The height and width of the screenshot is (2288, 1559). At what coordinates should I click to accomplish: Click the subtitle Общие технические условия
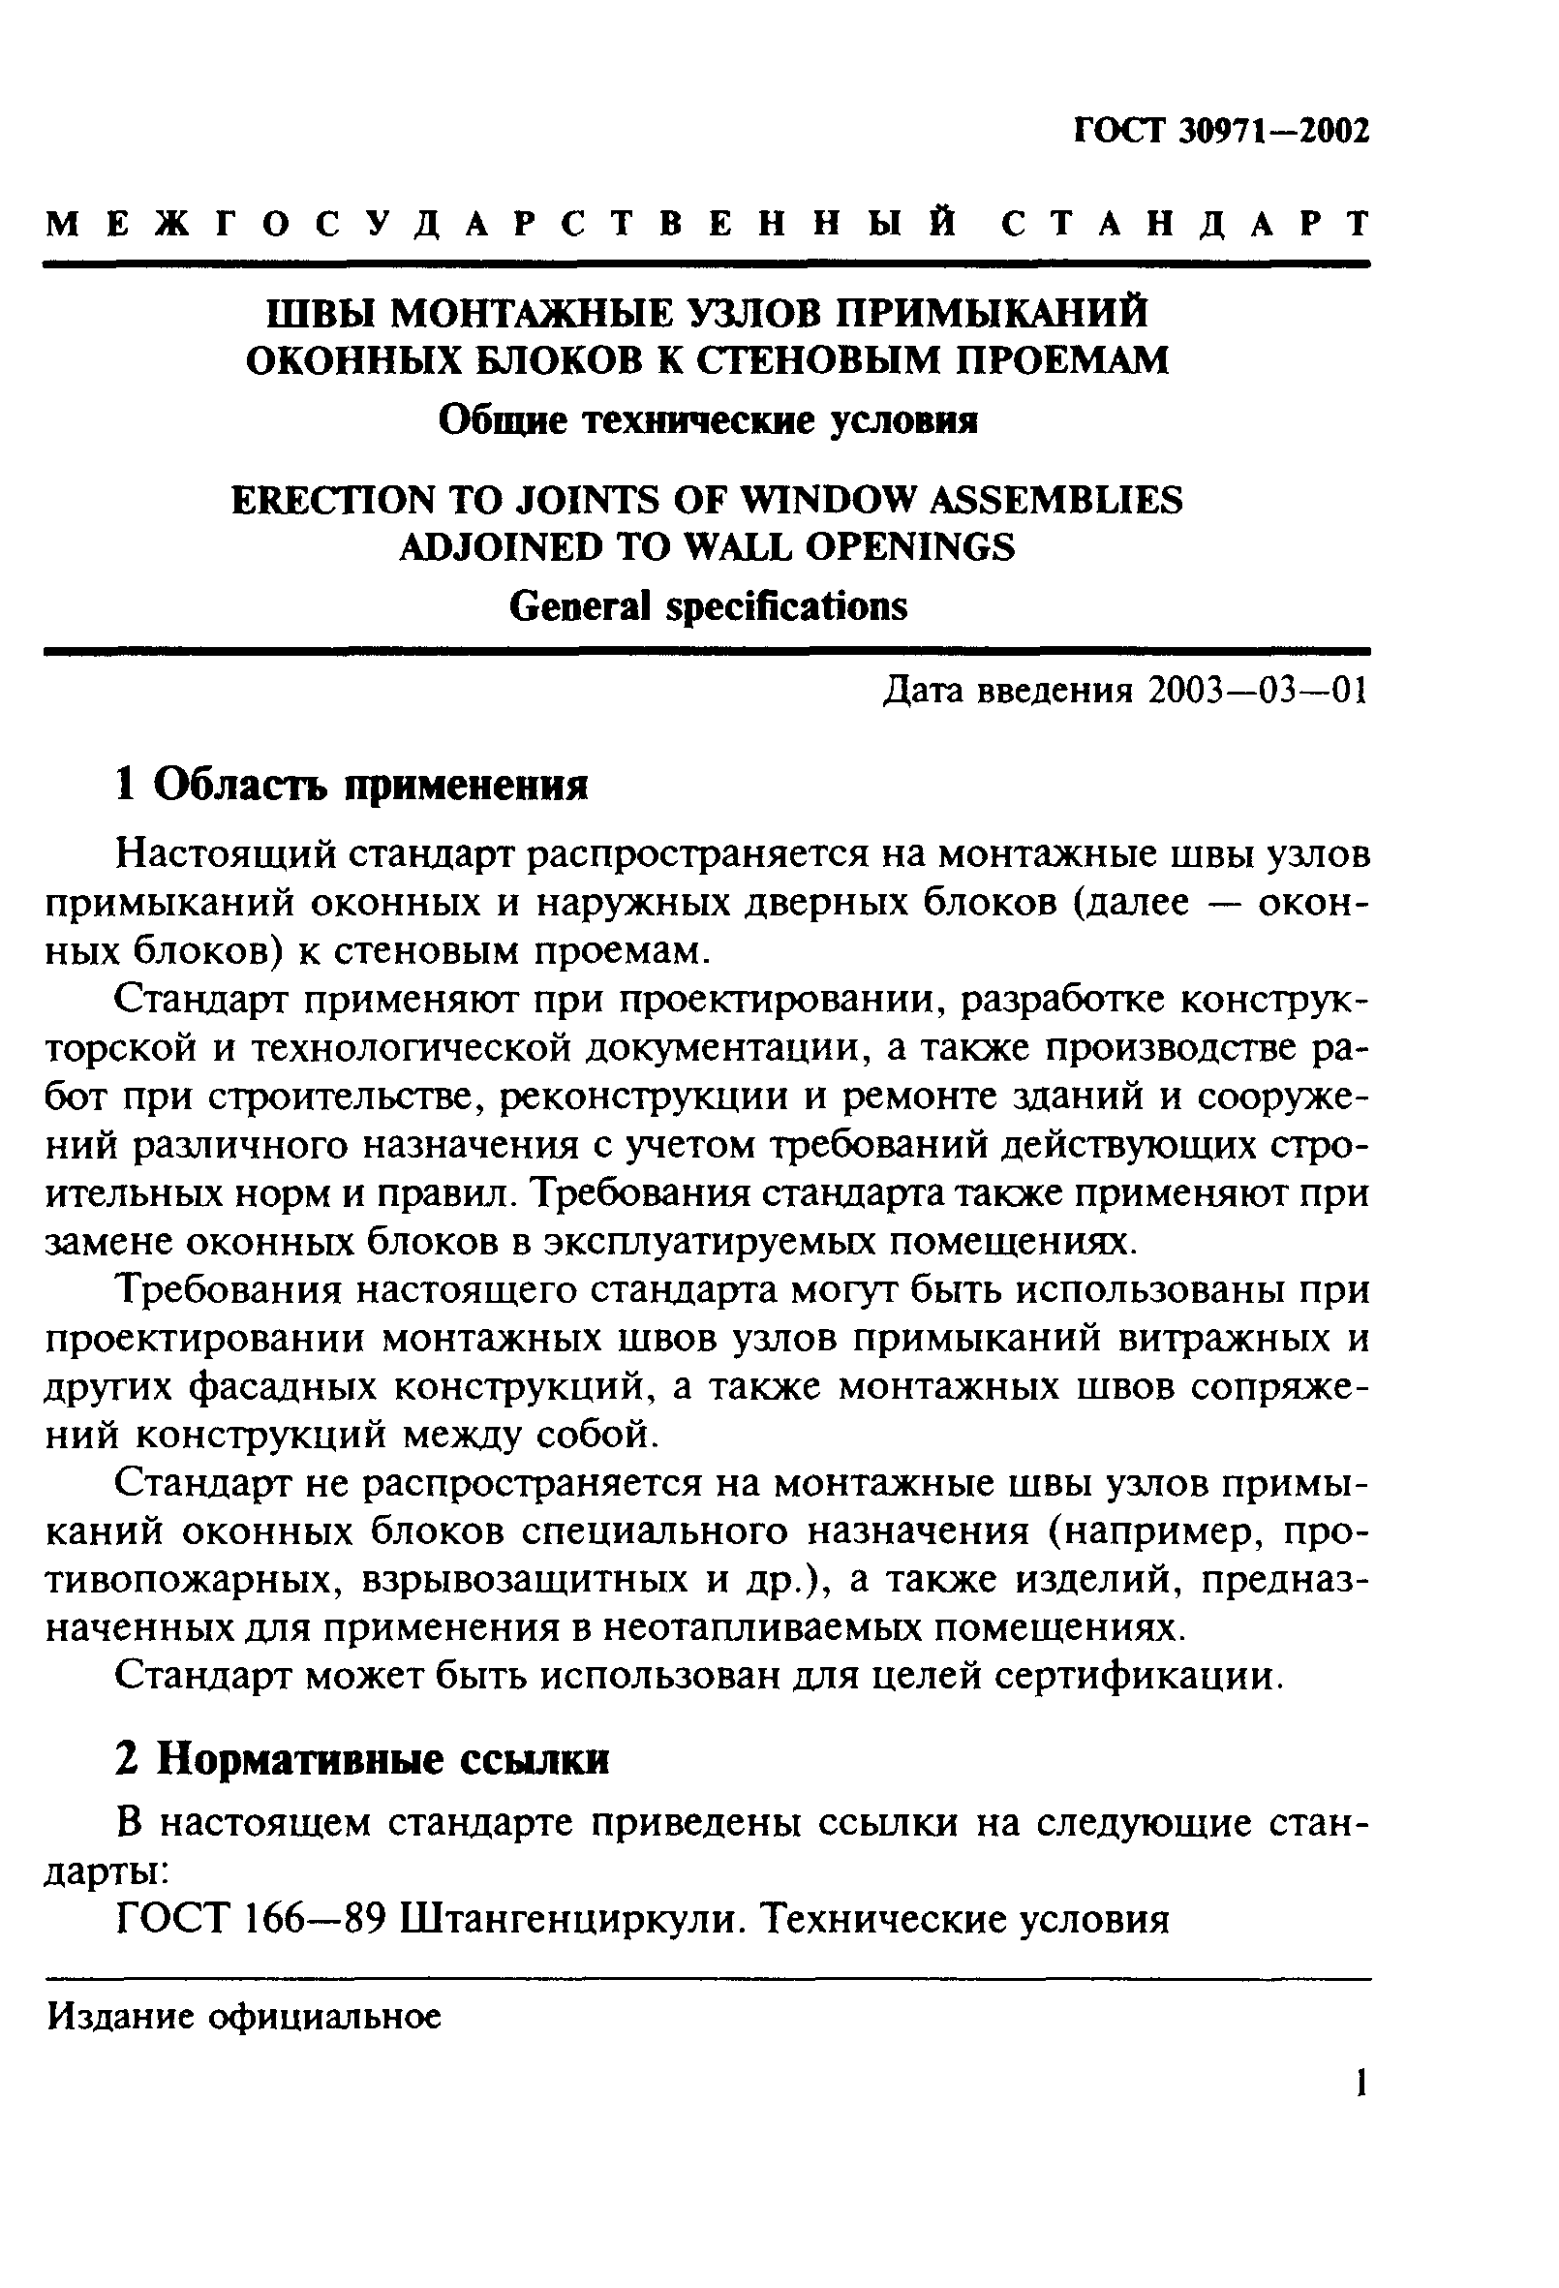point(708,421)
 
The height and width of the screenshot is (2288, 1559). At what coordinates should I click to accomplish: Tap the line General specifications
point(708,606)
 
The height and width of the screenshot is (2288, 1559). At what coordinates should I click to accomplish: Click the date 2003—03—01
point(1258,692)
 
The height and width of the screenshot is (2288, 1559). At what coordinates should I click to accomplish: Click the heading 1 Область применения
point(352,786)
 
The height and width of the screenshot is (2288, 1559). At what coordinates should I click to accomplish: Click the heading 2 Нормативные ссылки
point(362,1758)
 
